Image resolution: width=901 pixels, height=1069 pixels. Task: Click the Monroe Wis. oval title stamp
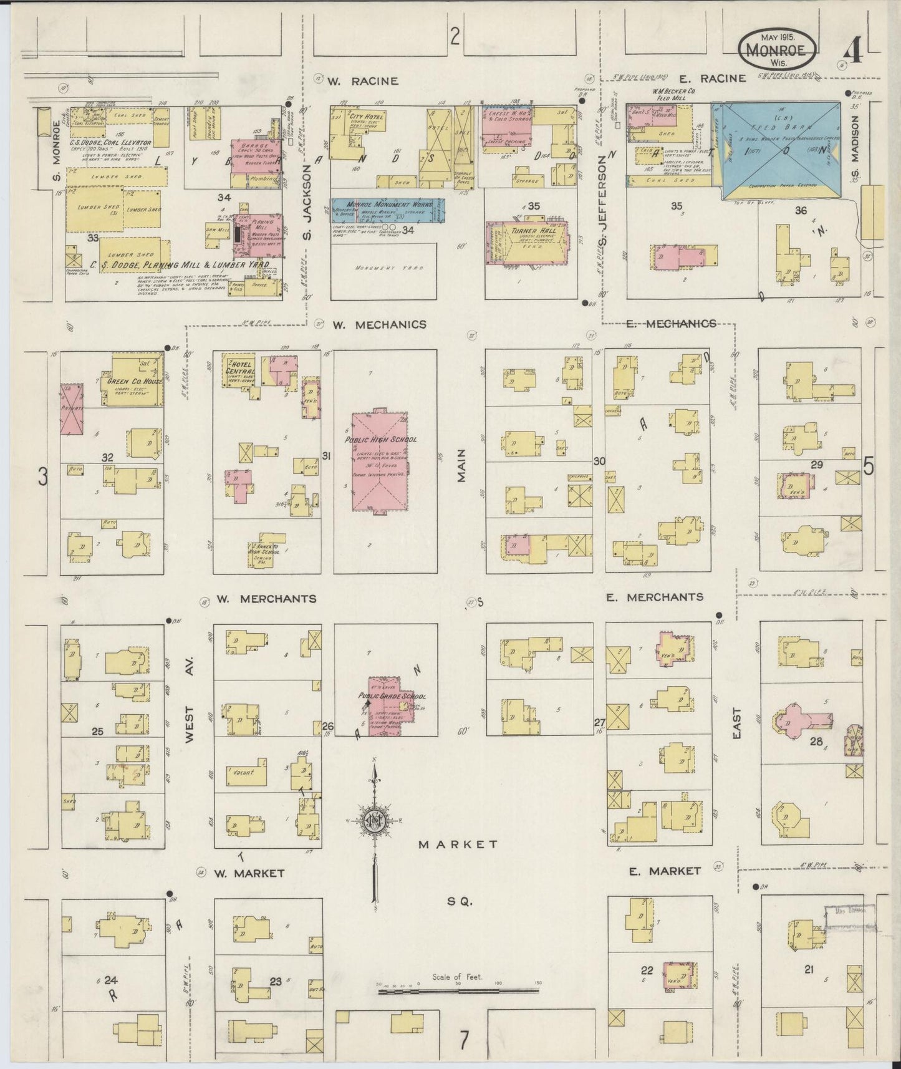778,48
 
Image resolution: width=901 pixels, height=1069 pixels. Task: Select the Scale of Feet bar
458,990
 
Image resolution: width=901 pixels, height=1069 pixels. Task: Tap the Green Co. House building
136,382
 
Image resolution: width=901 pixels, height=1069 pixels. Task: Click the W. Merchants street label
266,599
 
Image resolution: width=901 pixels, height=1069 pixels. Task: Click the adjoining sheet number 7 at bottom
463,1040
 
